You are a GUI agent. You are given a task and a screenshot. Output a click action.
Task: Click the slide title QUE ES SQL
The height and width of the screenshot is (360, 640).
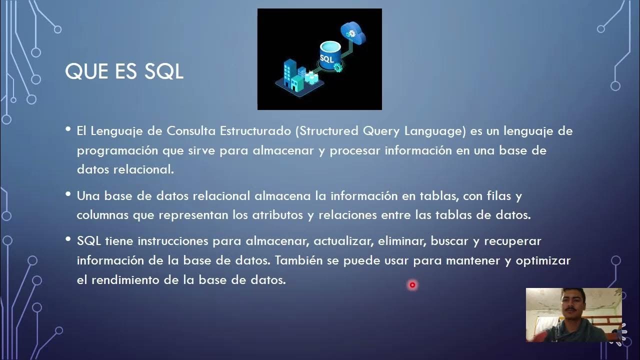click(x=124, y=72)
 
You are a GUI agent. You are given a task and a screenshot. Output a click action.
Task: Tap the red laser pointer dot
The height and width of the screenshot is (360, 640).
click(x=412, y=285)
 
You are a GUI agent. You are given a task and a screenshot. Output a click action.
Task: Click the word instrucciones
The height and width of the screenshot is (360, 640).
click(x=173, y=241)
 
